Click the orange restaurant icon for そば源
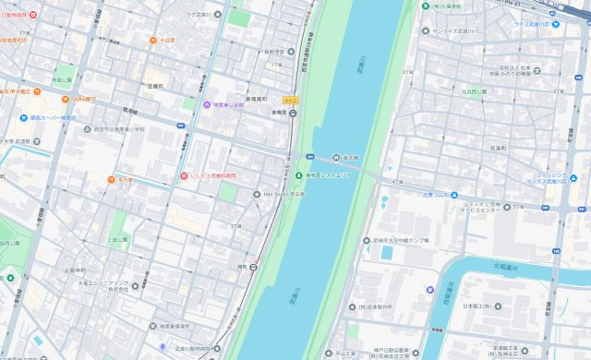[x=153, y=42]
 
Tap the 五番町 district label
[x=155, y=86]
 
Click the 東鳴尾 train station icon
[x=293, y=114]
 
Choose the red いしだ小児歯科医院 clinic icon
[x=184, y=175]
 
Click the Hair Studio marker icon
[x=257, y=194]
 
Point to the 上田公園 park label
[x=118, y=239]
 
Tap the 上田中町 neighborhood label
[x=76, y=270]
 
